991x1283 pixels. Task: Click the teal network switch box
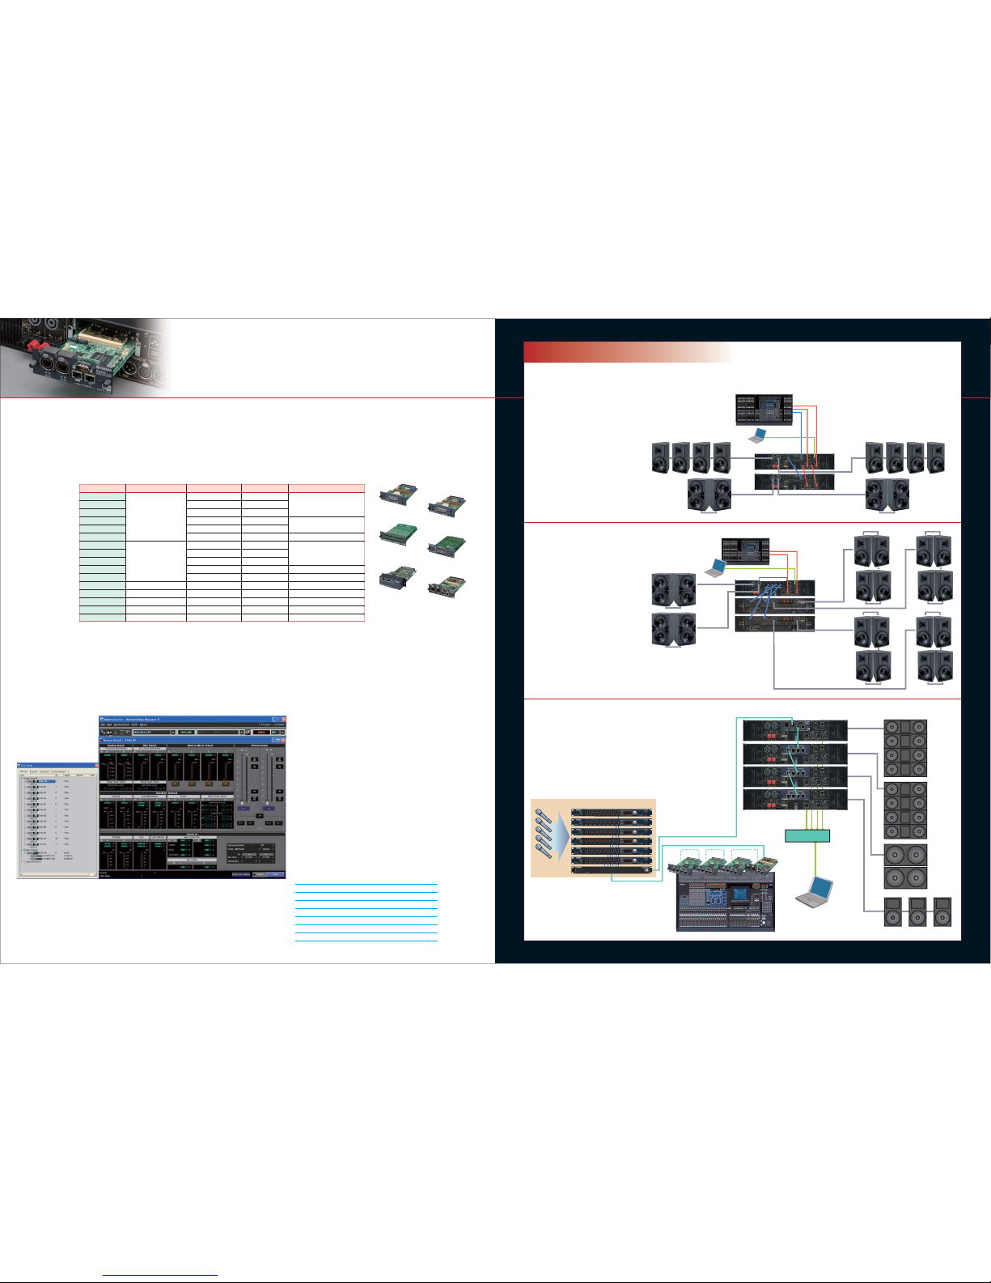[x=807, y=835]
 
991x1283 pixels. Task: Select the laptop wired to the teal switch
[x=813, y=891]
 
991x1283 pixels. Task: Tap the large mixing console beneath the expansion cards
[x=725, y=902]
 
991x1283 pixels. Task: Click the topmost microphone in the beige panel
[x=543, y=810]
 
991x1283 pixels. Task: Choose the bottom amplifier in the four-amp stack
[x=795, y=800]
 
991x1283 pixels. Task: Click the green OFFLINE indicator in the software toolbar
[x=186, y=732]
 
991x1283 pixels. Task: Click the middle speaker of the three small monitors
[x=917, y=912]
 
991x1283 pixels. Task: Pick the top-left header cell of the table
[x=103, y=488]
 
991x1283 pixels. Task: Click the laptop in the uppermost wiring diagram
[x=758, y=435]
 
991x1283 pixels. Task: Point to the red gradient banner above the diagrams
[x=628, y=352]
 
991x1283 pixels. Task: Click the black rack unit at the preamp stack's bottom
[x=612, y=870]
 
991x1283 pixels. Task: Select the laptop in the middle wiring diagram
[x=715, y=567]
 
